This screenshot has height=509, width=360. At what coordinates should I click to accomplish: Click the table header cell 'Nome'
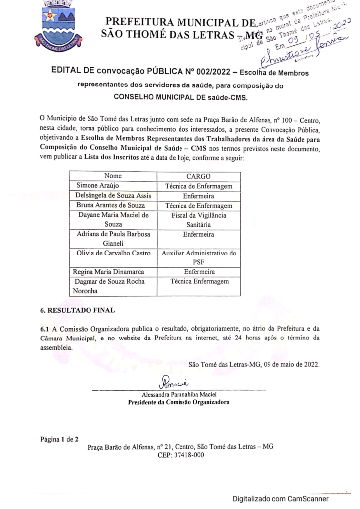[x=113, y=176]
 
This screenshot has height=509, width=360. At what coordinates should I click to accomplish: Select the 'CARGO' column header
[x=199, y=176]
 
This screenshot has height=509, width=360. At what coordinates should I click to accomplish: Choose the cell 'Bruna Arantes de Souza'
[x=110, y=205]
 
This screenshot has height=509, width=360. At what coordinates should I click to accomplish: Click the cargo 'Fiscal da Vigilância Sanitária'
[x=199, y=220]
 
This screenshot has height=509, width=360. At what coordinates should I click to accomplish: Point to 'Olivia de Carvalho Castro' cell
[x=113, y=253]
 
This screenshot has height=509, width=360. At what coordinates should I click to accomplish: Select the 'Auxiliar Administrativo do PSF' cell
[x=199, y=257]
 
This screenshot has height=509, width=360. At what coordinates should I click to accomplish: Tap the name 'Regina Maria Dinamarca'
[x=108, y=272]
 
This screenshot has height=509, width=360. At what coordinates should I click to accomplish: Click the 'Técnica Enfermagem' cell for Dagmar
[x=199, y=282]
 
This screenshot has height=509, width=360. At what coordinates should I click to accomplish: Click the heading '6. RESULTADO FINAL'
[x=78, y=310]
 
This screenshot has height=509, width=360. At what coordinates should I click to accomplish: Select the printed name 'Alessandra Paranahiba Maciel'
[x=179, y=395]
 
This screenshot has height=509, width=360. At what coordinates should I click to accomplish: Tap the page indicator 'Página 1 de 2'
[x=59, y=439]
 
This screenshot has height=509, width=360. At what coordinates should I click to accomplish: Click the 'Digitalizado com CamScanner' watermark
[x=280, y=498]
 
